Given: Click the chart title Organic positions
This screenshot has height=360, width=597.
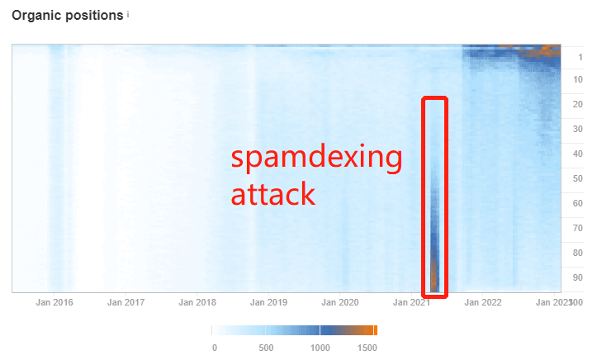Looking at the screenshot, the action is point(68,16).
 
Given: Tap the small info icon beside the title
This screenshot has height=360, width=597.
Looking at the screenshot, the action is point(128,15).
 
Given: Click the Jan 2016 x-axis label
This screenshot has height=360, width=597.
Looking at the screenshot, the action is point(54,302).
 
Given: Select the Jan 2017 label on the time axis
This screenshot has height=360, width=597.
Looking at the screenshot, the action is point(126,302).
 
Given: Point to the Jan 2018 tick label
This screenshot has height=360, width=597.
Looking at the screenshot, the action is point(197,302).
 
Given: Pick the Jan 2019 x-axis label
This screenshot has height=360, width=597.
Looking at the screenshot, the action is point(268,302).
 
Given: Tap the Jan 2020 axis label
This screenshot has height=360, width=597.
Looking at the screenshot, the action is point(340,302).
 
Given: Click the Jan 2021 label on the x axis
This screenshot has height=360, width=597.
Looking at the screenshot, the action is point(411,302).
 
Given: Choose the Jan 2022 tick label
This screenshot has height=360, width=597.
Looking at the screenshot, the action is point(483,302).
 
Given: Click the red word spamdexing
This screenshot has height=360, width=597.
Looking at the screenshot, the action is point(316,157).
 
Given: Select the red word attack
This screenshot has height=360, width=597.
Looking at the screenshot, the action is point(273,194).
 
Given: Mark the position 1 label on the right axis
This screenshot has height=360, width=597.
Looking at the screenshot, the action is point(580,58).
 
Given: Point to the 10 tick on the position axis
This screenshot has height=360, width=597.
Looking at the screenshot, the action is point(578,80).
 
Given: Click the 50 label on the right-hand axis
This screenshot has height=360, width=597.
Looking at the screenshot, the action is point(578,179).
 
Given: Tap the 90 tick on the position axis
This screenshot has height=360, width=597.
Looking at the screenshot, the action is point(578,277).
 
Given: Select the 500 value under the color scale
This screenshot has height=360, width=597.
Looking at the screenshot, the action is point(266,348).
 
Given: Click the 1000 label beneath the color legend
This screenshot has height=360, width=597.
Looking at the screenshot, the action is point(320,348).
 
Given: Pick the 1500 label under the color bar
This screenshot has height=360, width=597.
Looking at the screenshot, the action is point(367,348).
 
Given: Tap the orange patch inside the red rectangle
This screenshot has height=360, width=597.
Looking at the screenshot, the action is point(434,273).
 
